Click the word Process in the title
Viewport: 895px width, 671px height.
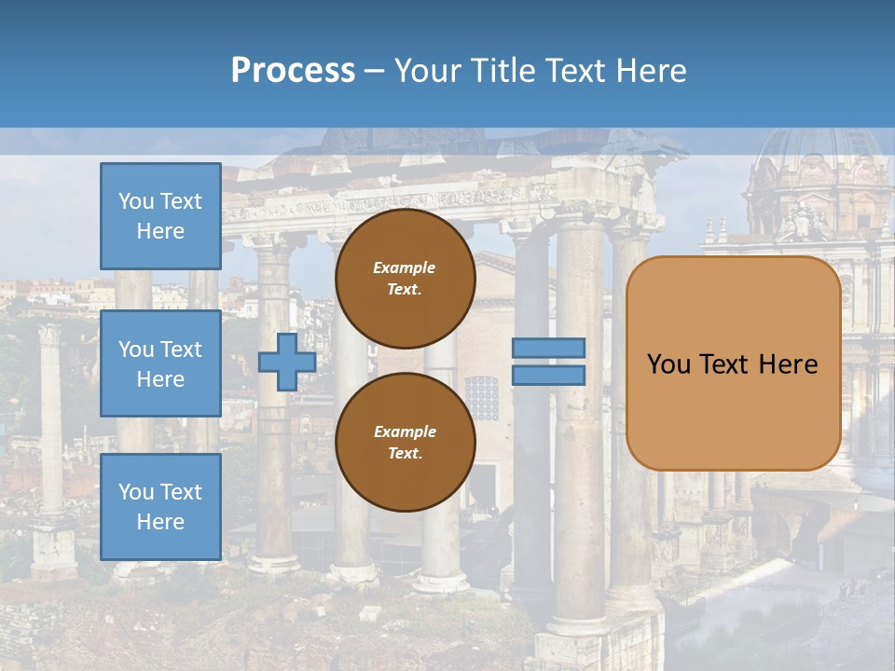point(293,71)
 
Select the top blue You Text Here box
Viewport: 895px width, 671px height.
point(160,216)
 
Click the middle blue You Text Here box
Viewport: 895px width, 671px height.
point(160,363)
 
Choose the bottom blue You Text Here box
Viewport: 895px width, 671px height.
point(160,506)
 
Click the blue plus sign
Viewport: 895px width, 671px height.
point(286,362)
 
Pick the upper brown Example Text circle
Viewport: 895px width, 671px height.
point(405,279)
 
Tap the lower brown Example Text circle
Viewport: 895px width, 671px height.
point(405,442)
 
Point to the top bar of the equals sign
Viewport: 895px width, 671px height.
point(548,348)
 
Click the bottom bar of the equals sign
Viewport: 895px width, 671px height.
point(548,375)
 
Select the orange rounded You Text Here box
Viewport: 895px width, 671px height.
point(733,363)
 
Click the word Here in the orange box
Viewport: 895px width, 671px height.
point(788,364)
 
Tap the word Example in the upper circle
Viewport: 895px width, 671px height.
point(405,267)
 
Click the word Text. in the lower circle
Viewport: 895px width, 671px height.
point(405,453)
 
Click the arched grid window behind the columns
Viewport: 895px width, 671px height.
point(482,397)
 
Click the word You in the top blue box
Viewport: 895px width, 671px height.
point(135,201)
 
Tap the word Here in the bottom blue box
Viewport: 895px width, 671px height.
point(160,522)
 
